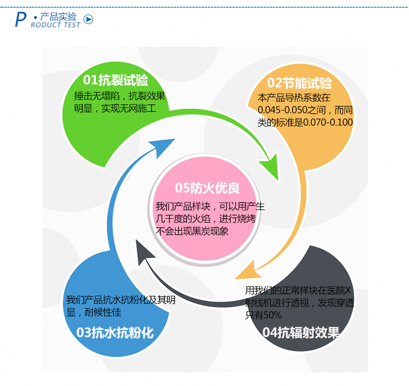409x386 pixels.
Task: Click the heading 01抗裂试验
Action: (x=116, y=80)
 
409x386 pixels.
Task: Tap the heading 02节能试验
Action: (x=300, y=83)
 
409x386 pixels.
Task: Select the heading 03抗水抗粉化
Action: (x=115, y=332)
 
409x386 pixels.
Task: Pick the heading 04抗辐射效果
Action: (x=301, y=333)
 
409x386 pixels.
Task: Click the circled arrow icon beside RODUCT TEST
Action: (x=89, y=20)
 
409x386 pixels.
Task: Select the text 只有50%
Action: (x=264, y=315)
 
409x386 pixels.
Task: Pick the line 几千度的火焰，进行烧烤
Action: (x=206, y=219)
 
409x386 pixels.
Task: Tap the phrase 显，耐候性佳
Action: (x=94, y=312)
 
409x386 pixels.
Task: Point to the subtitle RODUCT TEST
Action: (x=55, y=25)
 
